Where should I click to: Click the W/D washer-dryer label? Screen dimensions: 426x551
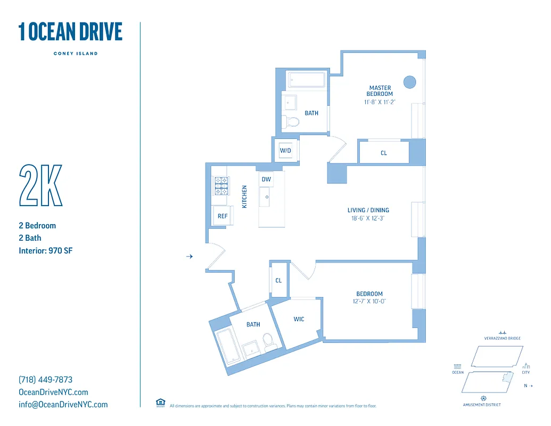[286, 151]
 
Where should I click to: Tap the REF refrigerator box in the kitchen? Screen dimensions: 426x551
[222, 216]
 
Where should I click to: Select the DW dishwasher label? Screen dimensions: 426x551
[266, 179]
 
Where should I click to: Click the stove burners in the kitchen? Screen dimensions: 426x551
[221, 186]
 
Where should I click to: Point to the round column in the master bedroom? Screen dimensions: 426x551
[409, 82]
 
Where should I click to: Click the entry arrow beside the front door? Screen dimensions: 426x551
[189, 257]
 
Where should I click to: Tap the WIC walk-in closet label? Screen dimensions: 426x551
[299, 319]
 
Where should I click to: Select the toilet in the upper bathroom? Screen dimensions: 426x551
[290, 121]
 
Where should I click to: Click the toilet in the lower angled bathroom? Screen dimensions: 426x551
[269, 341]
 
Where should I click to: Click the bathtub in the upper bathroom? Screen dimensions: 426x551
[306, 80]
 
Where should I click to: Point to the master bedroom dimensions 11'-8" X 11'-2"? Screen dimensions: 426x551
[380, 101]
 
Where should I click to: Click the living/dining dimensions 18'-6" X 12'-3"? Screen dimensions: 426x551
[368, 218]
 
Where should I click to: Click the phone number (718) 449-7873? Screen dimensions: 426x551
[45, 380]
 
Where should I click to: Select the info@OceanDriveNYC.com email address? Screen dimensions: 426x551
[63, 404]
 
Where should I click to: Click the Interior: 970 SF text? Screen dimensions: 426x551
[45, 250]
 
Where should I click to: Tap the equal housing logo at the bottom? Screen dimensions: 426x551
[160, 403]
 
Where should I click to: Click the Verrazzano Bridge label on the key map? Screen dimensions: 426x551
[502, 338]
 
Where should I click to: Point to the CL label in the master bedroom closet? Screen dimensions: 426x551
[384, 153]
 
